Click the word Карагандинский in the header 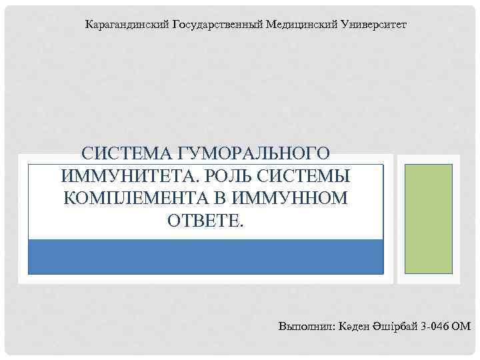pyautogui.click(x=127, y=25)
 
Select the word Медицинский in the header pyautogui.click(x=301, y=25)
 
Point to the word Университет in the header pyautogui.click(x=373, y=25)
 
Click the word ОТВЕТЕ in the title pyautogui.click(x=205, y=220)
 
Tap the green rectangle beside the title pyautogui.click(x=428, y=219)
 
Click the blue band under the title pyautogui.click(x=205, y=257)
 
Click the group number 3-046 pyautogui.click(x=436, y=326)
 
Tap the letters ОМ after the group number pyautogui.click(x=461, y=326)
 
